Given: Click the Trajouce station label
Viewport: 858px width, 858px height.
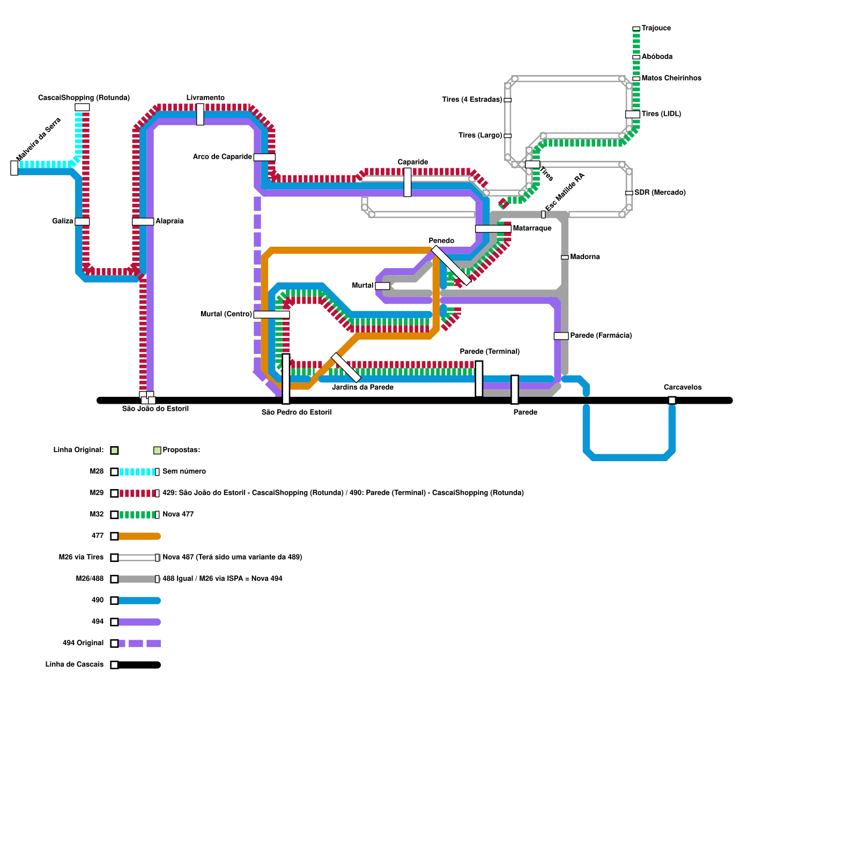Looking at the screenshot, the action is [656, 28].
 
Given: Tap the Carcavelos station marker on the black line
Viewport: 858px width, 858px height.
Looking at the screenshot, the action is [672, 400].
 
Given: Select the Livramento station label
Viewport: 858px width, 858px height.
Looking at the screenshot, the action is [205, 98].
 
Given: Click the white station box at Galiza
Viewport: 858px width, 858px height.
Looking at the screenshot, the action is [82, 221].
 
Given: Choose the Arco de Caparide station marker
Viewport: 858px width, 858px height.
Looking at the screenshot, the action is [264, 157].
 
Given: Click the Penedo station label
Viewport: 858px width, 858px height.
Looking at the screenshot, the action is [441, 241].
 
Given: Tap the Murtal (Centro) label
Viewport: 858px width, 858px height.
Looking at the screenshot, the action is [226, 314].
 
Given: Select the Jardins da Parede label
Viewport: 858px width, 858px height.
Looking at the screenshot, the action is [363, 387].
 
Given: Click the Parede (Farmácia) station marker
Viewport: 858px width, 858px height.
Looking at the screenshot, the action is [561, 336].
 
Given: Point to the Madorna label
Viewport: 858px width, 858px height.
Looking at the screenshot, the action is [585, 257].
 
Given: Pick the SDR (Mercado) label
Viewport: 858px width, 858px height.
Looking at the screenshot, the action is [660, 193].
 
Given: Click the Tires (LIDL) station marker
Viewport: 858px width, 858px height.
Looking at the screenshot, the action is [633, 114].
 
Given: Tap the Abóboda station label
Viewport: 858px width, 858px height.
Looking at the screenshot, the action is [657, 56].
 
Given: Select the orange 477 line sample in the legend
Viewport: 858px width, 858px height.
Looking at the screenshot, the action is [139, 536].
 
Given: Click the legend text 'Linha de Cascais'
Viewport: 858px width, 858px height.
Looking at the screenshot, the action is [75, 664].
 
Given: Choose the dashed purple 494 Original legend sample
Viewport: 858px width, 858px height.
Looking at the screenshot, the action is [139, 643].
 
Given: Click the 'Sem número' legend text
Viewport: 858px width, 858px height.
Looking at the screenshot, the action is [184, 471].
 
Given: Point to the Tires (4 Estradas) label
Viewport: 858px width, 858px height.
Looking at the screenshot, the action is [472, 99].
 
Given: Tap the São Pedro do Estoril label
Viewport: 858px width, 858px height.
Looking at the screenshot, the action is [297, 412].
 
